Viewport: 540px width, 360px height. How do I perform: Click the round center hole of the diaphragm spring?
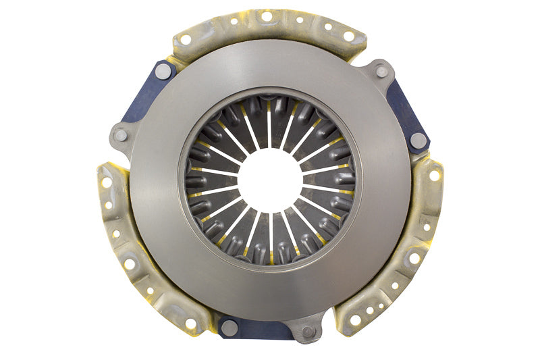pos(270,179)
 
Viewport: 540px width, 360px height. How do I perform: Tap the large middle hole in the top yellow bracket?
pos(267,16)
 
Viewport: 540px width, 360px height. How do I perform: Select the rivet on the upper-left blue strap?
pos(163,70)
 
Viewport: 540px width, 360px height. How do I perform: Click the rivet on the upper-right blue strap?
pos(418,140)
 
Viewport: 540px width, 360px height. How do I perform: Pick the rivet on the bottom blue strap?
pos(230,328)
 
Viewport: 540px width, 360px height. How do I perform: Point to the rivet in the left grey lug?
pos(121,135)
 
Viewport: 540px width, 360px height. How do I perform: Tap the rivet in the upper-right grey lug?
pos(381,71)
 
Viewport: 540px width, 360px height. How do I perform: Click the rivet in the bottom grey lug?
pos(307,332)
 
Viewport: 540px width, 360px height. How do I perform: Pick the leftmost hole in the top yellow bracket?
pos(186,40)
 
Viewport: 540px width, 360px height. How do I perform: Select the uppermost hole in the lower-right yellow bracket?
pos(433,175)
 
